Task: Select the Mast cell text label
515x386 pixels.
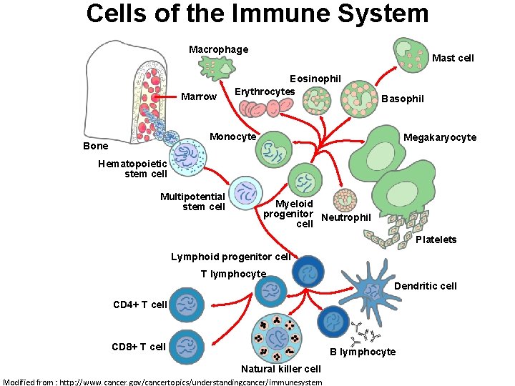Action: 453,58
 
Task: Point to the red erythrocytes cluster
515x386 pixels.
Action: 266,107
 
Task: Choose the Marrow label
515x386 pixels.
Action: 199,96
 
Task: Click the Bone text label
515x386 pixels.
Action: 96,146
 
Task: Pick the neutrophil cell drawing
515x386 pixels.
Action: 348,200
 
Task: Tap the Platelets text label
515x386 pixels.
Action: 436,239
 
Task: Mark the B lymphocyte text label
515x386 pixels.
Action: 362,352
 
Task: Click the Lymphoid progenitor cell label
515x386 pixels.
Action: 231,257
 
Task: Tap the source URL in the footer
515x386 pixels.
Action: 162,382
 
